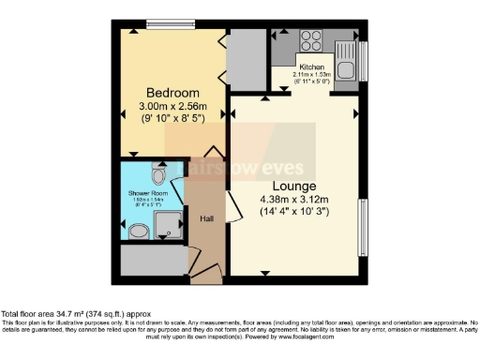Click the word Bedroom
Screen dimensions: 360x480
172,93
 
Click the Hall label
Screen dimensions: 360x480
207,219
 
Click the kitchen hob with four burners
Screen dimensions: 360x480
311,41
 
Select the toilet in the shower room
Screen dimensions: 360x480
158,175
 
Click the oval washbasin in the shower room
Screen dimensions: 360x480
138,231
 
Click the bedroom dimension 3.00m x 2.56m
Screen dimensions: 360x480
172,108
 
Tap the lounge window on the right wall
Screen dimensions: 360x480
363,226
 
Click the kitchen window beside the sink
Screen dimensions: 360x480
363,60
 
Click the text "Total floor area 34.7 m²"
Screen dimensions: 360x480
56,314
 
